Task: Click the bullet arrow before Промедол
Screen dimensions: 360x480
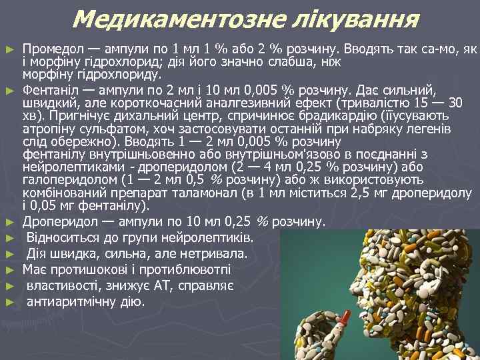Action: coord(9,51)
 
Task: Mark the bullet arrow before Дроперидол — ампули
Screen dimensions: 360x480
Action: coord(9,221)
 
